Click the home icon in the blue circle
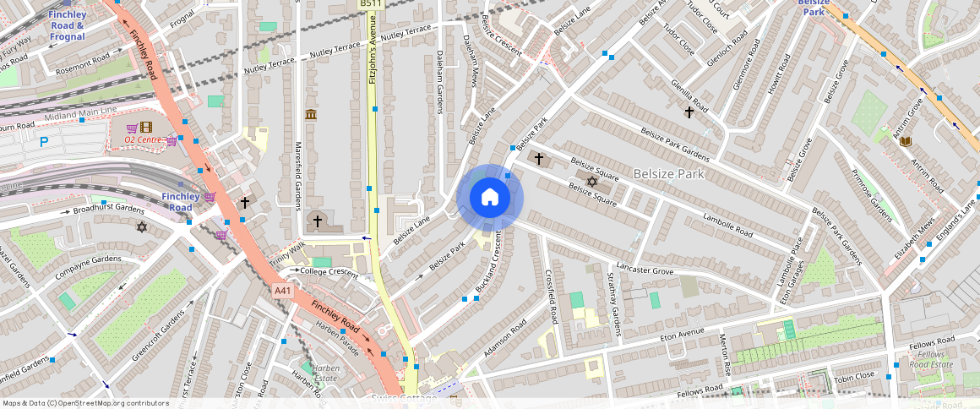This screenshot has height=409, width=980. [490, 198]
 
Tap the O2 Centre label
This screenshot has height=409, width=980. [142, 139]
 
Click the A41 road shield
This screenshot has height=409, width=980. [283, 291]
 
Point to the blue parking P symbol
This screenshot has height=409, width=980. [43, 142]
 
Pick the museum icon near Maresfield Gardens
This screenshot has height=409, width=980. [311, 115]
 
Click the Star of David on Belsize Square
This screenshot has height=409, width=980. [591, 182]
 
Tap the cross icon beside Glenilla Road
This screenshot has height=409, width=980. [689, 112]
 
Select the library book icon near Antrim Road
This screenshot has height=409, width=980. [906, 141]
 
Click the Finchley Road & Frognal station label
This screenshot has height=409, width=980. [67, 25]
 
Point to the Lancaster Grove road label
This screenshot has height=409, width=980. [645, 270]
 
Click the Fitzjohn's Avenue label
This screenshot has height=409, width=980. [373, 52]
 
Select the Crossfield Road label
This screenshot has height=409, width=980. [552, 297]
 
